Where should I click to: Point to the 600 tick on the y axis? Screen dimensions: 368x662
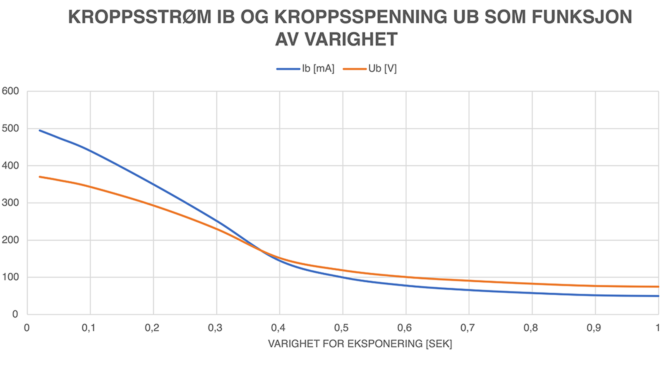(x=10, y=91)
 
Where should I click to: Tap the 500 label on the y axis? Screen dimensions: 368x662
(x=10, y=128)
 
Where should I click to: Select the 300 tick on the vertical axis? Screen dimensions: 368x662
(x=10, y=203)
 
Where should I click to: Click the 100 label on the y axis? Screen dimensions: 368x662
(x=10, y=277)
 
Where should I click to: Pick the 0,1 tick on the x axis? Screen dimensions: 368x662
(x=89, y=328)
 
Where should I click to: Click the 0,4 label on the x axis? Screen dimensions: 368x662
(x=278, y=328)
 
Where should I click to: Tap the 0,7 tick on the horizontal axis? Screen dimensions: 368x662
(x=468, y=328)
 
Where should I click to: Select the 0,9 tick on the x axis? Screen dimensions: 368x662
(x=594, y=328)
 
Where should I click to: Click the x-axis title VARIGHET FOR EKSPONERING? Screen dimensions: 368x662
(x=360, y=344)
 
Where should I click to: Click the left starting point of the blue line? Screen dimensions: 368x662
(x=40, y=130)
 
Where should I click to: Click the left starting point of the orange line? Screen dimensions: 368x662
(x=40, y=177)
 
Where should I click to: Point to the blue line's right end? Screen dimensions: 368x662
(x=658, y=296)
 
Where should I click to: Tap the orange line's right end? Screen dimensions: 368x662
(x=658, y=286)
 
